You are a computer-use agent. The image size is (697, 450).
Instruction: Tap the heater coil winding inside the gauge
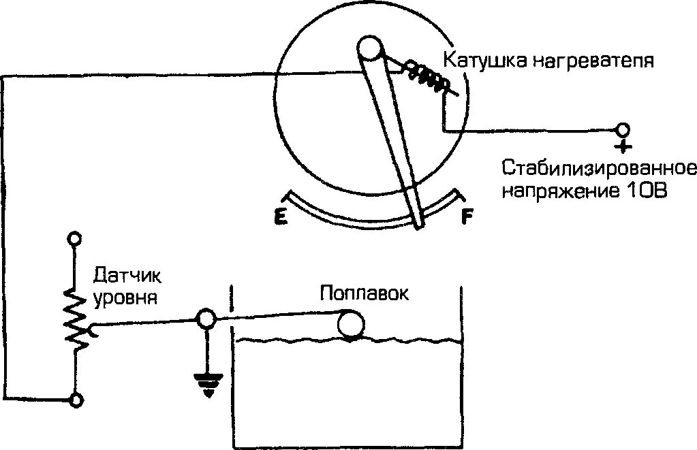pyautogui.click(x=427, y=76)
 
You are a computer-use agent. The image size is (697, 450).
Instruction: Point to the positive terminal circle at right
pyautogui.click(x=623, y=129)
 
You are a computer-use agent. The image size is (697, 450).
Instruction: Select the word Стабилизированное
pyautogui.click(x=600, y=167)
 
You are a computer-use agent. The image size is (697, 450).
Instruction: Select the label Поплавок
pyautogui.click(x=365, y=294)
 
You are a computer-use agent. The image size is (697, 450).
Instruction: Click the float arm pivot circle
pyautogui.click(x=206, y=318)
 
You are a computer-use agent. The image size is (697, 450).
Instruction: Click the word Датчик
pyautogui.click(x=128, y=277)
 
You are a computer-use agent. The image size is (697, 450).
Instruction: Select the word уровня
pyautogui.click(x=126, y=298)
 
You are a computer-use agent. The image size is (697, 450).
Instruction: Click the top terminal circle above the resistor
pyautogui.click(x=75, y=239)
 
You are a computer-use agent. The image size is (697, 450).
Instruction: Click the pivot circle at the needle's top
pyautogui.click(x=371, y=49)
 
